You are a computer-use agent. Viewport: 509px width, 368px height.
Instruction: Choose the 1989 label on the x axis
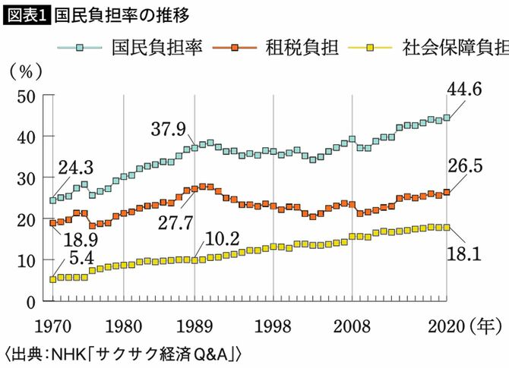[x=195, y=328]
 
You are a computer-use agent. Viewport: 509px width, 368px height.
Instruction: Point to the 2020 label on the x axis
[x=446, y=328]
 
